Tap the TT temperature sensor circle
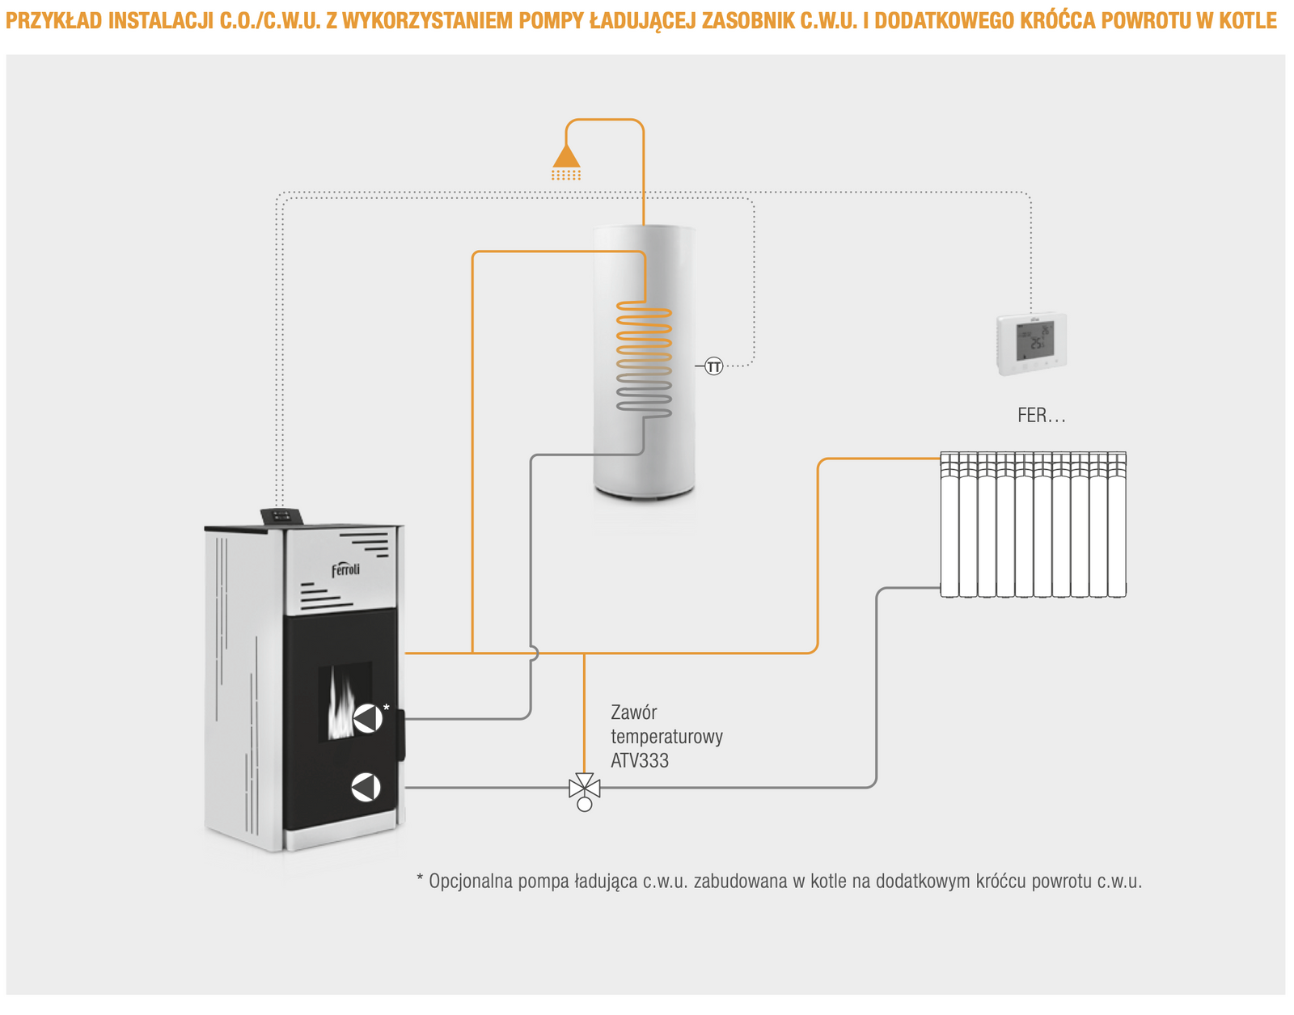[713, 366]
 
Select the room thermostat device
[1030, 345]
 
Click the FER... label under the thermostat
[1041, 416]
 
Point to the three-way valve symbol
[584, 788]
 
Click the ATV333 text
[640, 761]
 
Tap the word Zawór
[633, 713]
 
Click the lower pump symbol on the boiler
[366, 787]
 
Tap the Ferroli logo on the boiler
[345, 569]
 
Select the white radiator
[1033, 525]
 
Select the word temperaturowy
[666, 737]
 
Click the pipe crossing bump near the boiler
[533, 653]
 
